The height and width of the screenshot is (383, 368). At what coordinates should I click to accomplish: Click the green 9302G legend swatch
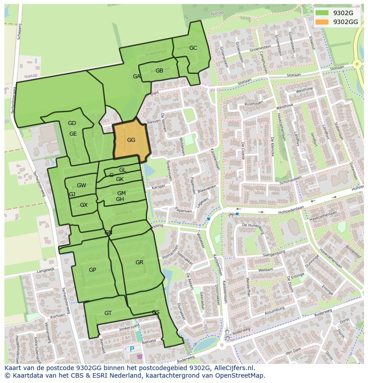[323, 13]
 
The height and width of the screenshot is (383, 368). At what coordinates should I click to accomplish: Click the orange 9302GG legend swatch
[323, 22]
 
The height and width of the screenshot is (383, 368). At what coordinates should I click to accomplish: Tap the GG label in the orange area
[131, 140]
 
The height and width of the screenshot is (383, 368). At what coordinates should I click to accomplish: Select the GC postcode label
[193, 48]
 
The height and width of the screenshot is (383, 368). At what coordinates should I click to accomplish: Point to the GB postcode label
[159, 71]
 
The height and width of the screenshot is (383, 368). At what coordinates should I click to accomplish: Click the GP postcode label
[92, 270]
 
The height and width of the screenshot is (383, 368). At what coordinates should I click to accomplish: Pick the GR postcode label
[140, 262]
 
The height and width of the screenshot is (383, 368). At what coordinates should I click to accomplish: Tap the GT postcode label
[108, 313]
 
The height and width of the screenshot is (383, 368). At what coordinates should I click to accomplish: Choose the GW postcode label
[81, 185]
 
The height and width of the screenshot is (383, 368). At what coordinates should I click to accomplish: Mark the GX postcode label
[84, 205]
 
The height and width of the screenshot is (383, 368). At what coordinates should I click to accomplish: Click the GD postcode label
[72, 123]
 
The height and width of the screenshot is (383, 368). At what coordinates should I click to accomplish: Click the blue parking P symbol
[132, 349]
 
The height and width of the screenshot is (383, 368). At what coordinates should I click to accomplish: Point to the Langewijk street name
[45, 270]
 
